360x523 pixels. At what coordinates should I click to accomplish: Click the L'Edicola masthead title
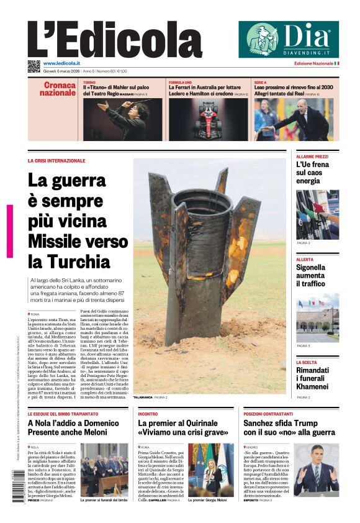click(106, 40)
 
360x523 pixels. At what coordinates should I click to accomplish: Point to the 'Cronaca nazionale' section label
click(59, 89)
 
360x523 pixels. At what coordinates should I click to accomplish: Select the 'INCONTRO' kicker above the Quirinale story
click(148, 413)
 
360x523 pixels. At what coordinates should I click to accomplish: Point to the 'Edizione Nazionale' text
click(313, 63)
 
